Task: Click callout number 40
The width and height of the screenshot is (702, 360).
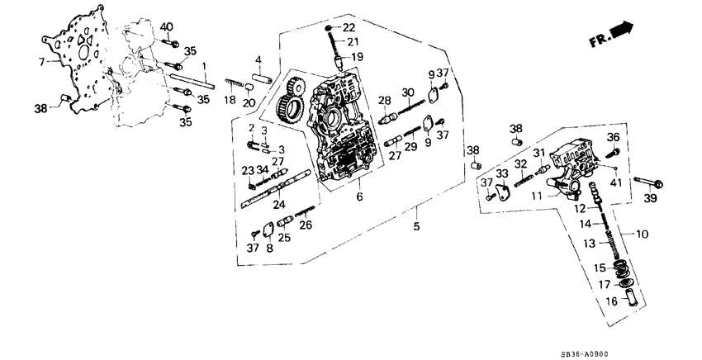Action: (x=167, y=27)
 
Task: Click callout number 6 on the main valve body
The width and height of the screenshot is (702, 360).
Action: (x=358, y=197)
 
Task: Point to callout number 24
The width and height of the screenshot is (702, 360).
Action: (x=279, y=206)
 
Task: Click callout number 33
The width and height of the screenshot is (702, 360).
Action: (x=501, y=173)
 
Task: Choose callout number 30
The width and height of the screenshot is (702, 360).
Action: (x=408, y=92)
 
